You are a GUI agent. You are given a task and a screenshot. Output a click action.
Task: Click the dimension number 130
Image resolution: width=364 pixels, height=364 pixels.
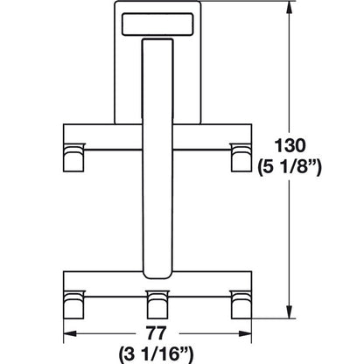290,146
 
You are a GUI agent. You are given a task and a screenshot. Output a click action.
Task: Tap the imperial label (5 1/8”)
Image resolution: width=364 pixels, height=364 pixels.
290,168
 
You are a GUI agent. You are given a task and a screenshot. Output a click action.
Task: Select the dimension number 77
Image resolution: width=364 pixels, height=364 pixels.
156,333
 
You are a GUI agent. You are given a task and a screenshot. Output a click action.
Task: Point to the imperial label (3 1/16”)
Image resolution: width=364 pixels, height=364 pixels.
156,354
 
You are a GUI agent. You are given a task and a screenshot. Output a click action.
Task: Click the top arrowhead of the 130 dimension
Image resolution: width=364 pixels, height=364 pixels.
289,8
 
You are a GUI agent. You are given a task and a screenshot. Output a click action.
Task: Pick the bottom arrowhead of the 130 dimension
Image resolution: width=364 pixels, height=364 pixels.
289,311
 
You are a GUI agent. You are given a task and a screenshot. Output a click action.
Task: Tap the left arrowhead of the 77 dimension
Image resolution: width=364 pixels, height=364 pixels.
70,333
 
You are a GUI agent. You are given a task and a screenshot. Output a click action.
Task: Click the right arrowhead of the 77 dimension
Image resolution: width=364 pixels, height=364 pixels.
245,333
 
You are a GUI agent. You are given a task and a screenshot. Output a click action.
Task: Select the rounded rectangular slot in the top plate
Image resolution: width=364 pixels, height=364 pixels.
157,24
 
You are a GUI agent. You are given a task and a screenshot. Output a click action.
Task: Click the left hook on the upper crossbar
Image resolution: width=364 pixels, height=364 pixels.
74,157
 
